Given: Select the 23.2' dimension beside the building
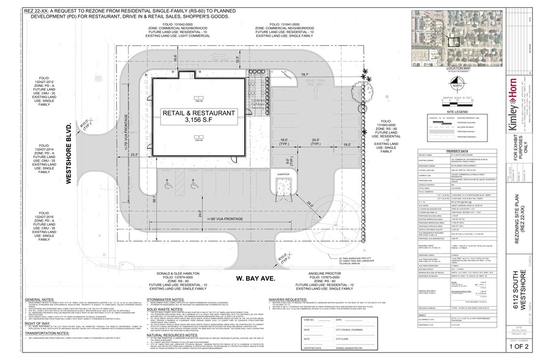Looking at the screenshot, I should (x=133, y=156).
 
